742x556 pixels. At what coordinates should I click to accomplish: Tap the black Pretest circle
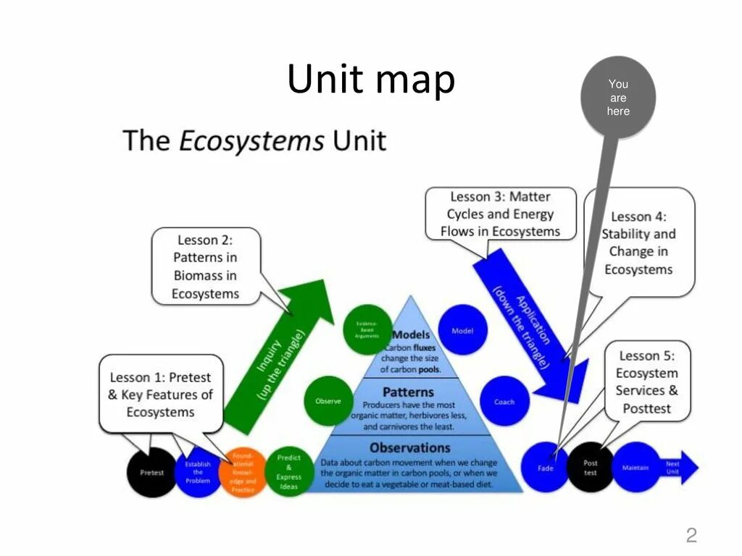point(151,473)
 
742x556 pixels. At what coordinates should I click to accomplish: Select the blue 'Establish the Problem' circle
point(197,472)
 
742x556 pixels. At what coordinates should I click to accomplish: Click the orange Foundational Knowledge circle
point(243,472)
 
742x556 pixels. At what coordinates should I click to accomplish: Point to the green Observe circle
point(328,400)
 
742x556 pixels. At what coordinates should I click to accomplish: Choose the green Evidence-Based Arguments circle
point(367,330)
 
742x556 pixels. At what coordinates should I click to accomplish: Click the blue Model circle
point(462,330)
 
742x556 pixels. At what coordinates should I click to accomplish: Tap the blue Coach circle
point(504,402)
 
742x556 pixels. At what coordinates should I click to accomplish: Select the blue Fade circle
point(546,468)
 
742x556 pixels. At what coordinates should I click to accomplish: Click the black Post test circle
point(591,468)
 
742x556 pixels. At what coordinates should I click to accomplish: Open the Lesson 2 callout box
point(205,266)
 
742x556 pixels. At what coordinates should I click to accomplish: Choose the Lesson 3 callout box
point(501,214)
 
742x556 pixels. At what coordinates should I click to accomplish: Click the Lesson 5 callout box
point(646,382)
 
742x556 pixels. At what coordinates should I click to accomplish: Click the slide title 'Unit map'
point(371,80)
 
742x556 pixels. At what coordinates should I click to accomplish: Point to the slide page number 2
point(691,535)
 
